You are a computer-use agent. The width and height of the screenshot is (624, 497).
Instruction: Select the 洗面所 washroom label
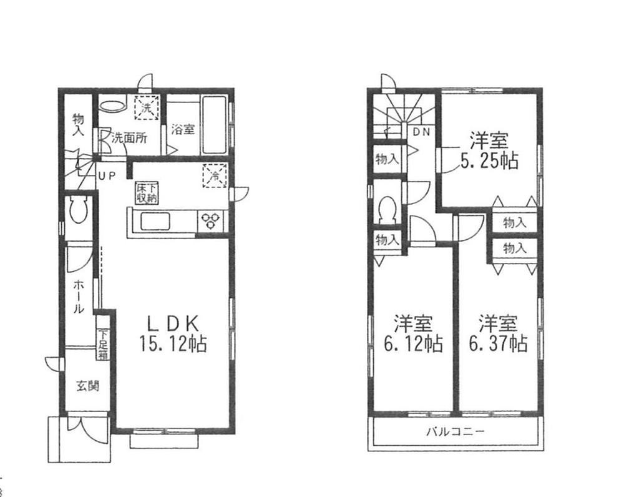pos(129,139)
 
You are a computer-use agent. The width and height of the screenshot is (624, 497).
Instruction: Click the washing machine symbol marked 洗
pos(145,108)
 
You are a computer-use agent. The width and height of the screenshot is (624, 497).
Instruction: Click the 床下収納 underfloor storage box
pos(147,192)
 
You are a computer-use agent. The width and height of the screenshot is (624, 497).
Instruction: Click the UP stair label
pos(105,175)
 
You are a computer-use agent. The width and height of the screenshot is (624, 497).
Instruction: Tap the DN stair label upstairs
pos(421,132)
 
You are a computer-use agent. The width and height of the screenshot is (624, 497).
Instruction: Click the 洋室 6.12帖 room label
pos(413,333)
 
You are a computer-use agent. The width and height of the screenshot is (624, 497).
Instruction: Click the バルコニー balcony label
pos(455,431)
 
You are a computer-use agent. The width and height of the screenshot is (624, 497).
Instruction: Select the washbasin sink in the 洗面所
pos(113,106)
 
